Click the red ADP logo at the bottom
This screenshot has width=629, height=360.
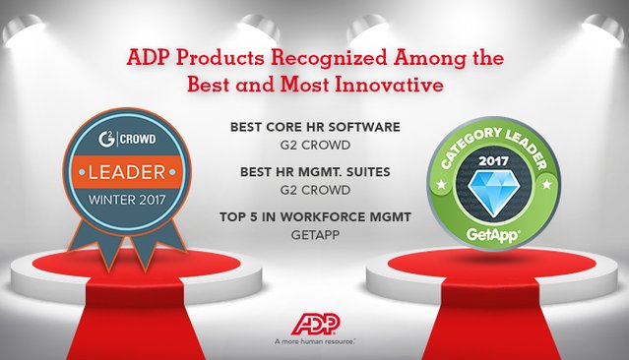click(x=315, y=324)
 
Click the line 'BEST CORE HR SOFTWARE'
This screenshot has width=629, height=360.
click(x=314, y=127)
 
